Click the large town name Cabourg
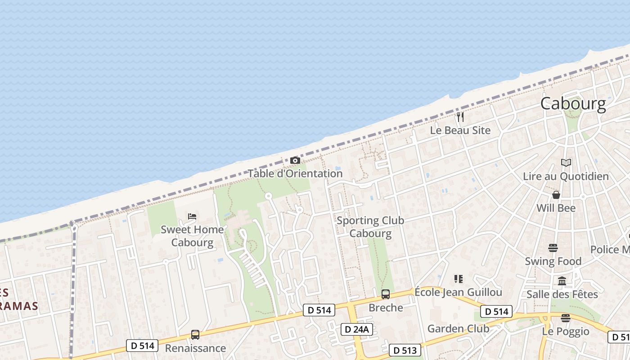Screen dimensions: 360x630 point(573,104)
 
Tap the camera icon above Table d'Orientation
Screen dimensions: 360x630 point(295,160)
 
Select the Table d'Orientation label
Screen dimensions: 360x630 point(295,173)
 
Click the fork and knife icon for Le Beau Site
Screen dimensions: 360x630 point(460,117)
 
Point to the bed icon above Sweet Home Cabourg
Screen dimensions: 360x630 point(192,216)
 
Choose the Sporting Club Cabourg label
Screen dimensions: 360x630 point(370,227)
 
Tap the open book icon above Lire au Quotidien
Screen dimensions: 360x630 point(566,163)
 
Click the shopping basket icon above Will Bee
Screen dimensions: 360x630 point(556,195)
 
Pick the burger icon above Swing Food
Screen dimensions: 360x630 point(553,248)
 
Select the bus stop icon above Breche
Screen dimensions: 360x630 point(386,294)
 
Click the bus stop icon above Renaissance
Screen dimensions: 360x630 point(195,335)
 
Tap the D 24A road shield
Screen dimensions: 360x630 point(356,329)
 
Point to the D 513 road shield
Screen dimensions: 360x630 point(405,350)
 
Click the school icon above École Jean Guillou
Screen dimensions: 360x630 point(458,279)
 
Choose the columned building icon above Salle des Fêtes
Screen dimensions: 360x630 point(562,281)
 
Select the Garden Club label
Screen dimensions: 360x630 point(458,328)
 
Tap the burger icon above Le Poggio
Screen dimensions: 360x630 point(566,318)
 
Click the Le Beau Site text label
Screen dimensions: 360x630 point(460,130)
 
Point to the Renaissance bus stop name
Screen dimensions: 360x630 point(195,348)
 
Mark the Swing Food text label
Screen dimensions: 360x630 point(553,261)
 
